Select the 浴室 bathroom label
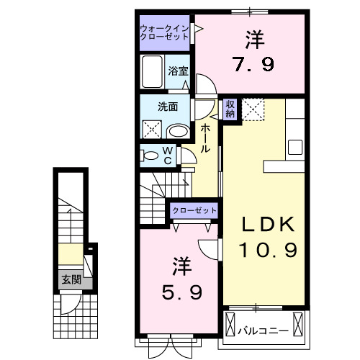coord(179,71)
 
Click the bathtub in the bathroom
coord(153,73)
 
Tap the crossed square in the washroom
coord(152,130)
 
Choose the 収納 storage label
coord(230,109)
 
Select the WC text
coord(167,156)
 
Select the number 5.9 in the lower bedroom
coord(180,292)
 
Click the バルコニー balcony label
coord(264,330)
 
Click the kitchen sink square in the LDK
coord(296,147)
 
